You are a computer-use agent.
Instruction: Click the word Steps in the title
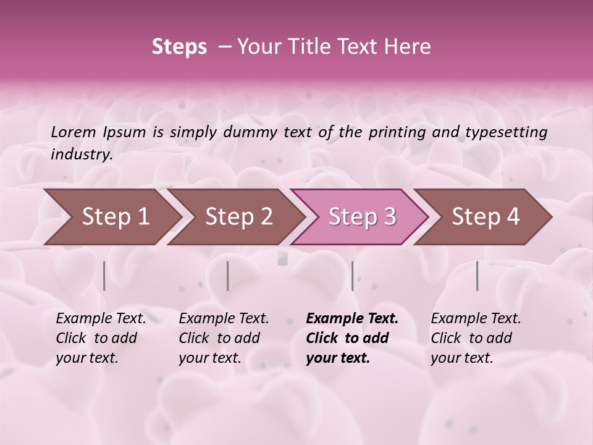pyautogui.click(x=179, y=47)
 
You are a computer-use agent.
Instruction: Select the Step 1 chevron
pyautogui.click(x=116, y=217)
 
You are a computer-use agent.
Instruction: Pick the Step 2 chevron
pyautogui.click(x=239, y=217)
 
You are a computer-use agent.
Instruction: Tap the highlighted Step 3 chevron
pyautogui.click(x=362, y=217)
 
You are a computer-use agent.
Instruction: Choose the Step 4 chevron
pyautogui.click(x=486, y=217)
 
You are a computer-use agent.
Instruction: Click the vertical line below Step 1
pyautogui.click(x=104, y=276)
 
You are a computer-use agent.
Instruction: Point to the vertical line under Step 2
pyautogui.click(x=228, y=276)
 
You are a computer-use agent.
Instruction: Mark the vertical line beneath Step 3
pyautogui.click(x=352, y=276)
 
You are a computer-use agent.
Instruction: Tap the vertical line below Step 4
pyautogui.click(x=477, y=276)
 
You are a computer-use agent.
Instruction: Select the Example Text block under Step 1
pyautogui.click(x=100, y=338)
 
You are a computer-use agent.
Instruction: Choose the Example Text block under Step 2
pyautogui.click(x=223, y=338)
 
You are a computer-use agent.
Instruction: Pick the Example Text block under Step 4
pyautogui.click(x=475, y=338)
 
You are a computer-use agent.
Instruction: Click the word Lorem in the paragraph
pyautogui.click(x=73, y=132)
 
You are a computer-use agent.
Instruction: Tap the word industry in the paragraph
pyautogui.click(x=81, y=155)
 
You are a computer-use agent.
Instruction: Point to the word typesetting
pyautogui.click(x=506, y=132)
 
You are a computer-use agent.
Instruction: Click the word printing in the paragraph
pyautogui.click(x=392, y=132)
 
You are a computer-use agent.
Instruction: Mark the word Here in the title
pyautogui.click(x=407, y=47)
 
